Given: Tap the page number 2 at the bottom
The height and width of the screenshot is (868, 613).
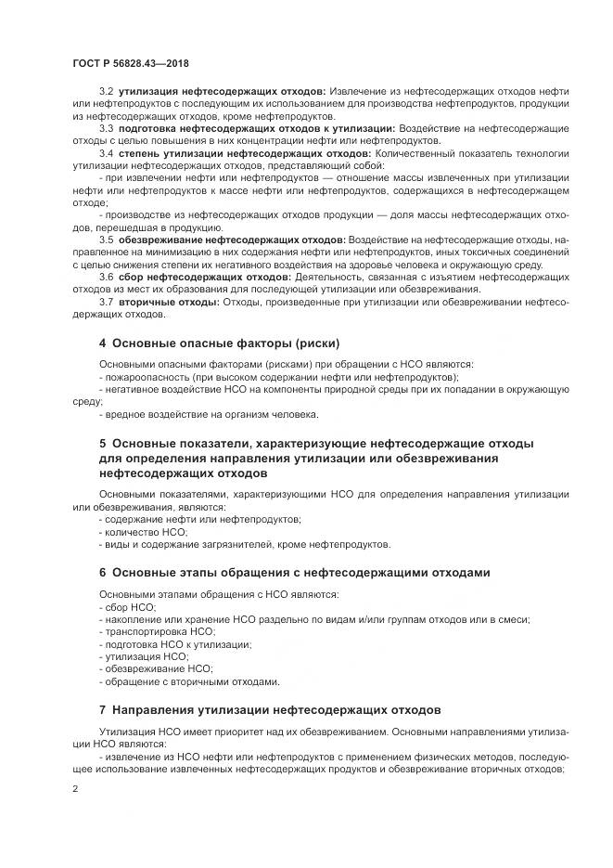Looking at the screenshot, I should click(x=75, y=789).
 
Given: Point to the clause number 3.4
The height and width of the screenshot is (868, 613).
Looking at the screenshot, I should click(x=106, y=151).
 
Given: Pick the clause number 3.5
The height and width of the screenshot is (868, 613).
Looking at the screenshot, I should click(x=106, y=239).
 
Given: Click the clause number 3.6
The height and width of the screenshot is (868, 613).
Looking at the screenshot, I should click(x=106, y=276).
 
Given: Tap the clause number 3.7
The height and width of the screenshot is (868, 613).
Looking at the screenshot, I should click(x=106, y=301).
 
